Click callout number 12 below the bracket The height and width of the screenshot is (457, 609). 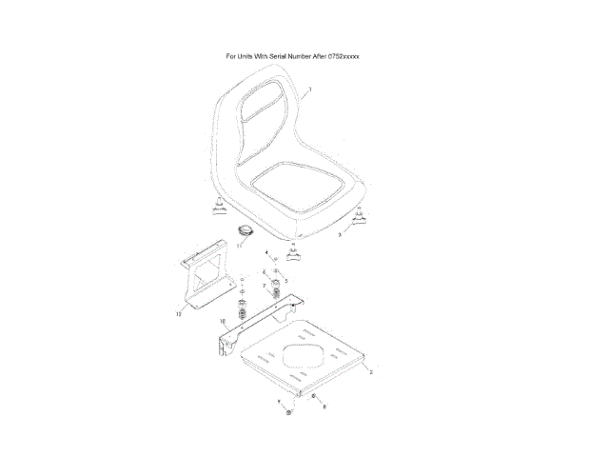[x=178, y=311]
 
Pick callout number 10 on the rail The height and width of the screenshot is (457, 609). [x=224, y=322]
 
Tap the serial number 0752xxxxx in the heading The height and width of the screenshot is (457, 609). [x=340, y=56]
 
